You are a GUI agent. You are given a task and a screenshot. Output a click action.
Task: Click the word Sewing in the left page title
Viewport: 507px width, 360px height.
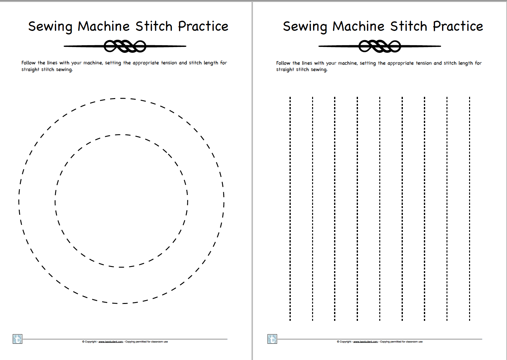coord(50,27)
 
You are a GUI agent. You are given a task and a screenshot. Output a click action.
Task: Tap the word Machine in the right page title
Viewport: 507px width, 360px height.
coord(358,26)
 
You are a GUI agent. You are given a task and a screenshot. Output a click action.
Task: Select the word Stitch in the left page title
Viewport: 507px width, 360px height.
coord(154,26)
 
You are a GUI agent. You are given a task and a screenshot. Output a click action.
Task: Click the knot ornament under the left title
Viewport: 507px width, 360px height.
coord(125,47)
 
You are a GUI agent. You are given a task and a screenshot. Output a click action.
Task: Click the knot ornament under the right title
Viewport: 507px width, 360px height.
coord(380,47)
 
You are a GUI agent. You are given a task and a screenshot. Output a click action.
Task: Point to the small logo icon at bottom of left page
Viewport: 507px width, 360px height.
coord(18,339)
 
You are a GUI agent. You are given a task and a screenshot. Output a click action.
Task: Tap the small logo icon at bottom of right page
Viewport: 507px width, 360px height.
coord(272,339)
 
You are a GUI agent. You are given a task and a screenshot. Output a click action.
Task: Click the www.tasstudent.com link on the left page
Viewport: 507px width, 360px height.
coord(111,342)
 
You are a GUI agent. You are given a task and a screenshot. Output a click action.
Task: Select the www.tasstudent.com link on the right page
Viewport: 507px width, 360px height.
coord(365,342)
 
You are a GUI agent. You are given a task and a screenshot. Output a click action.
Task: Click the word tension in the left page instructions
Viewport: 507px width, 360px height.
coord(169,63)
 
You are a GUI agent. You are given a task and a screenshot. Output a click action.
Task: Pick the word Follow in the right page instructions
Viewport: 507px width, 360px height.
coord(283,63)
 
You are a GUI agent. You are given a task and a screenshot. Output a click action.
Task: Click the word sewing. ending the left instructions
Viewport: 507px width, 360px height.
coord(64,69)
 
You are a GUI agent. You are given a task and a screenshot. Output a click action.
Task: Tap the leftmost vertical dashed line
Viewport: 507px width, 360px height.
coord(290,209)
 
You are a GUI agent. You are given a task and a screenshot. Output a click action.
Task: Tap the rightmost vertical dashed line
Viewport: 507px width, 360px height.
coord(469,209)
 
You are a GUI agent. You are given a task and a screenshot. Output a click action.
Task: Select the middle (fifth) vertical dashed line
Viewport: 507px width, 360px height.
coord(380,209)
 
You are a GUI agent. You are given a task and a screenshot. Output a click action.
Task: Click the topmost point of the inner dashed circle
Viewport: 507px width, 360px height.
coord(121,135)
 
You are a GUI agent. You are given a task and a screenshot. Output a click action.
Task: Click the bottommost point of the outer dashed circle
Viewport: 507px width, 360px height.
coord(122,303)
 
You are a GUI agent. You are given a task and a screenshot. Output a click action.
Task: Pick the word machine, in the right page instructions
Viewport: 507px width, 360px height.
coord(348,63)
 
